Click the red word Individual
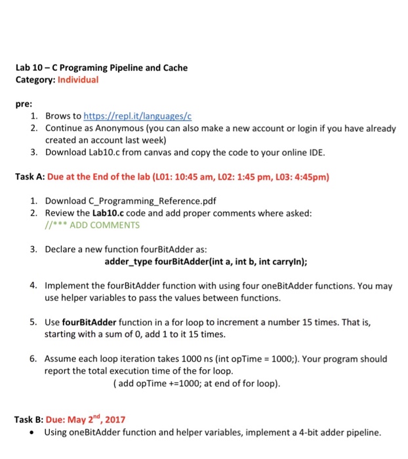tap(78, 79)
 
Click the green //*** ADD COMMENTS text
tap(92, 225)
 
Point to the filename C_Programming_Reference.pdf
tap(131, 201)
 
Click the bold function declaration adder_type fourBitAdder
tap(206, 262)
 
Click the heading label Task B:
tap(30, 419)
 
